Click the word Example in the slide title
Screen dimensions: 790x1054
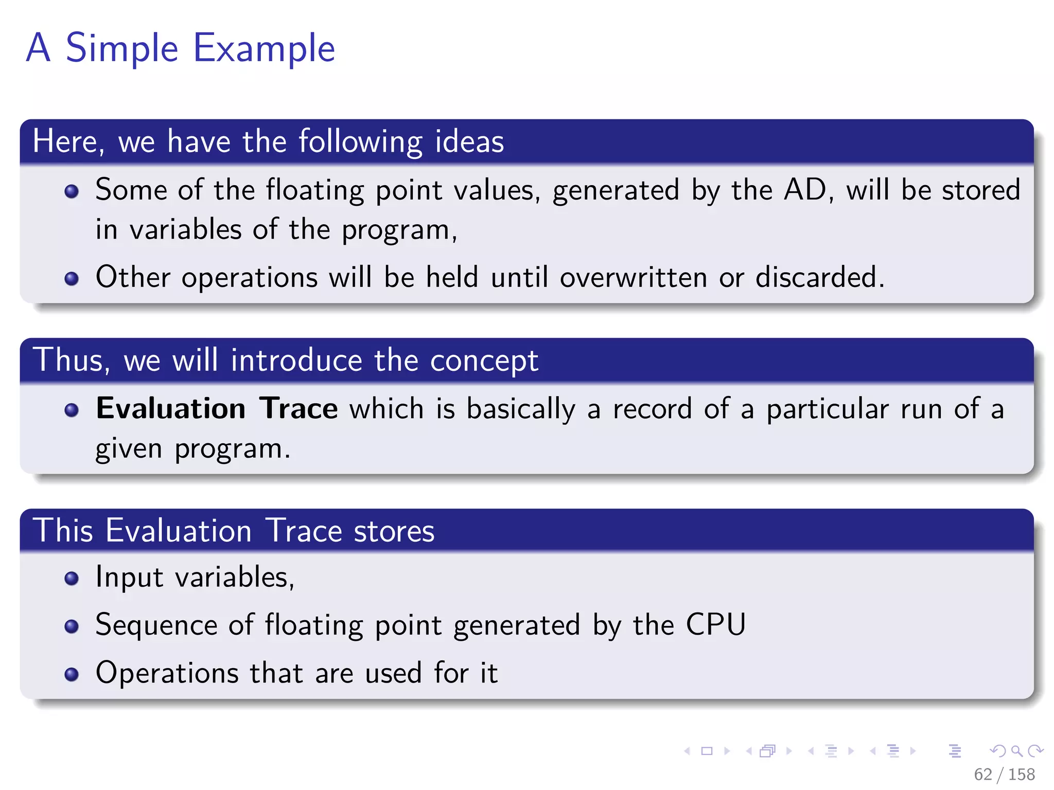(263, 48)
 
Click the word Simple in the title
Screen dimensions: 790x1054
(122, 48)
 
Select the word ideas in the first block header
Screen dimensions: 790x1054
(469, 141)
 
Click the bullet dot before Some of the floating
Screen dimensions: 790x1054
(72, 192)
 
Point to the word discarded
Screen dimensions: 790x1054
(819, 277)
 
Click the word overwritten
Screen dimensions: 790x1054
(633, 277)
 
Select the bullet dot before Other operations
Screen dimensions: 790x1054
(72, 279)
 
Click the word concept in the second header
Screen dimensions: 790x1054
(484, 360)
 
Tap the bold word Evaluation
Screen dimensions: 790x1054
(170, 408)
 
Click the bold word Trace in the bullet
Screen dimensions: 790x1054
(298, 408)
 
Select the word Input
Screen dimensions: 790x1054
(129, 577)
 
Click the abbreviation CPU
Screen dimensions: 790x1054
(715, 625)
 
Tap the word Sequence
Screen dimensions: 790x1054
(156, 625)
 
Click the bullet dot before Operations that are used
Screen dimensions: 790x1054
(72, 674)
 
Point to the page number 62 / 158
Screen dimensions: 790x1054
(1004, 774)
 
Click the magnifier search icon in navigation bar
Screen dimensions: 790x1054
(1016, 751)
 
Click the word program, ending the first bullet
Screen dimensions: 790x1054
(399, 230)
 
